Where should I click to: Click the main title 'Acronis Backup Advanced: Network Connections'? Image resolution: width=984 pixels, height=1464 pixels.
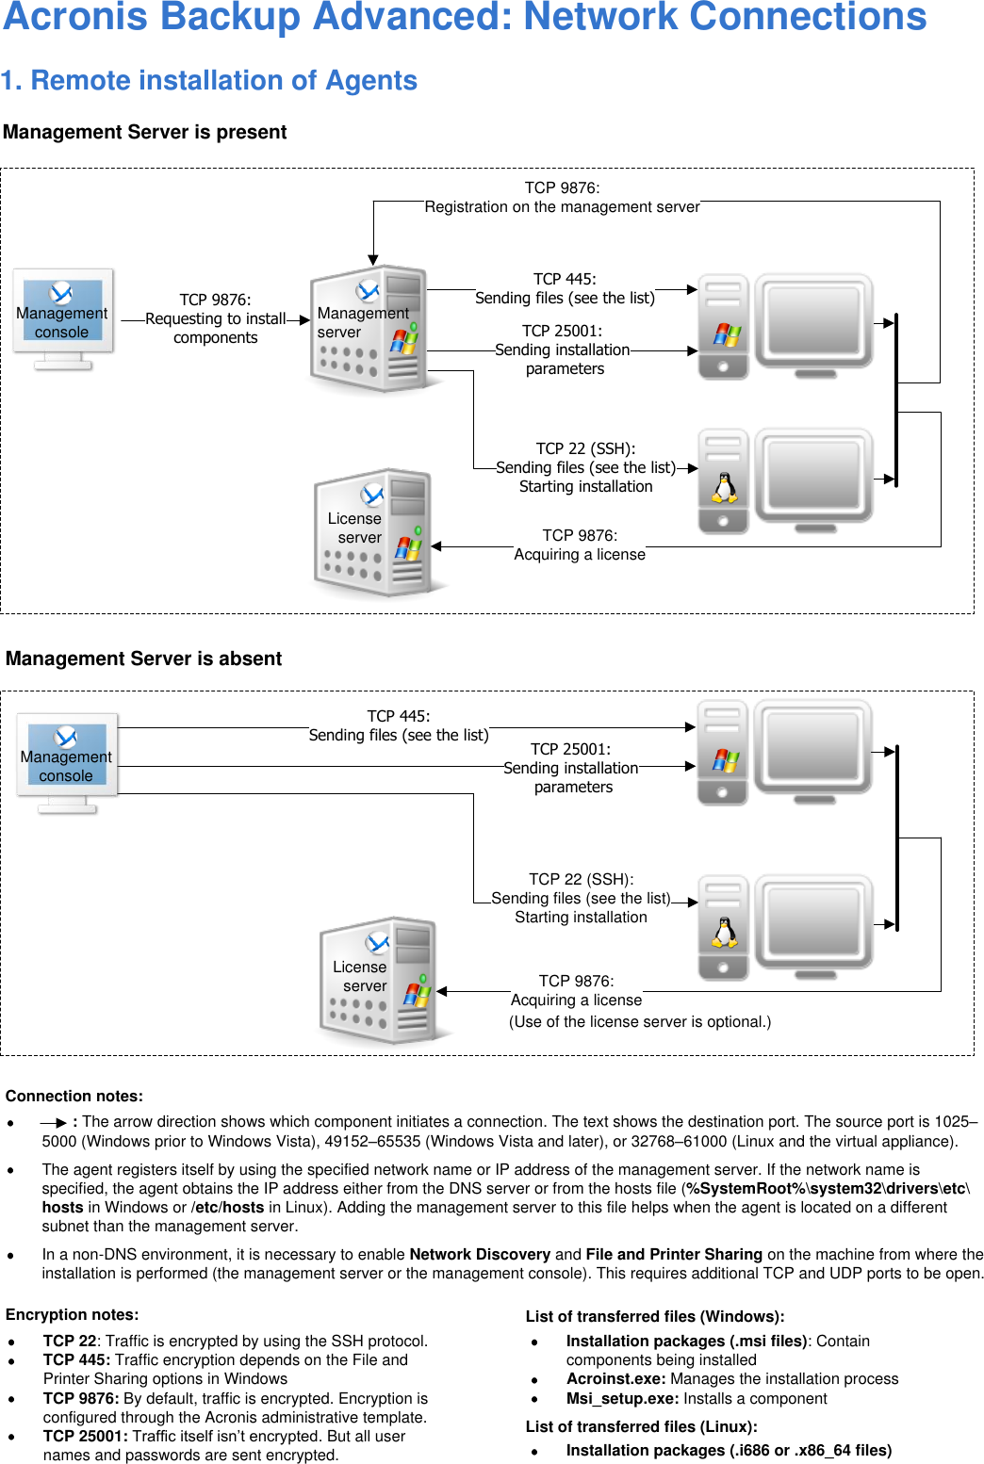465,18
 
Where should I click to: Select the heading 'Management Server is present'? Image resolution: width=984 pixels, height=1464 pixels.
144,133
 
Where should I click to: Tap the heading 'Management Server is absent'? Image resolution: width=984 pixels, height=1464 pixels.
143,659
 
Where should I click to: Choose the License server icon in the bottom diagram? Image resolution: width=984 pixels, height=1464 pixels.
378,981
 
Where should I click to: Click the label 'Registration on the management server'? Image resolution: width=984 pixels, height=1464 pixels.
562,207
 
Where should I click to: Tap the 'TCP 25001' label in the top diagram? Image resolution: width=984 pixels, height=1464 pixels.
562,332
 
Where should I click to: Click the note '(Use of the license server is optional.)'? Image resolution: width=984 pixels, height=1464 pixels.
639,1022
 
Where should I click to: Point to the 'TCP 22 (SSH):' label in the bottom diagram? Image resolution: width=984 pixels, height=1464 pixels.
581,879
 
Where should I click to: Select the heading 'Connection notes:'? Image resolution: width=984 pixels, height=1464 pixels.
74,1097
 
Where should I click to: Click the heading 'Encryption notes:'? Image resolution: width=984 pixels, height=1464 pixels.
72,1315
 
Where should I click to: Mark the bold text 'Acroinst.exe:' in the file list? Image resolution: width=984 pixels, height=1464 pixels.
615,1379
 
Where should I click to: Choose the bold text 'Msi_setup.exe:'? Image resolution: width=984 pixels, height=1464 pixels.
622,1399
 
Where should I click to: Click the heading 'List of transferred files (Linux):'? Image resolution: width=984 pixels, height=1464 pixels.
641,1427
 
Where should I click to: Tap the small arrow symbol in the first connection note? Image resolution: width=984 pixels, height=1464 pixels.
54,1123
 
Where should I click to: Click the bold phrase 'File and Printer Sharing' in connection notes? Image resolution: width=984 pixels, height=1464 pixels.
673,1255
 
